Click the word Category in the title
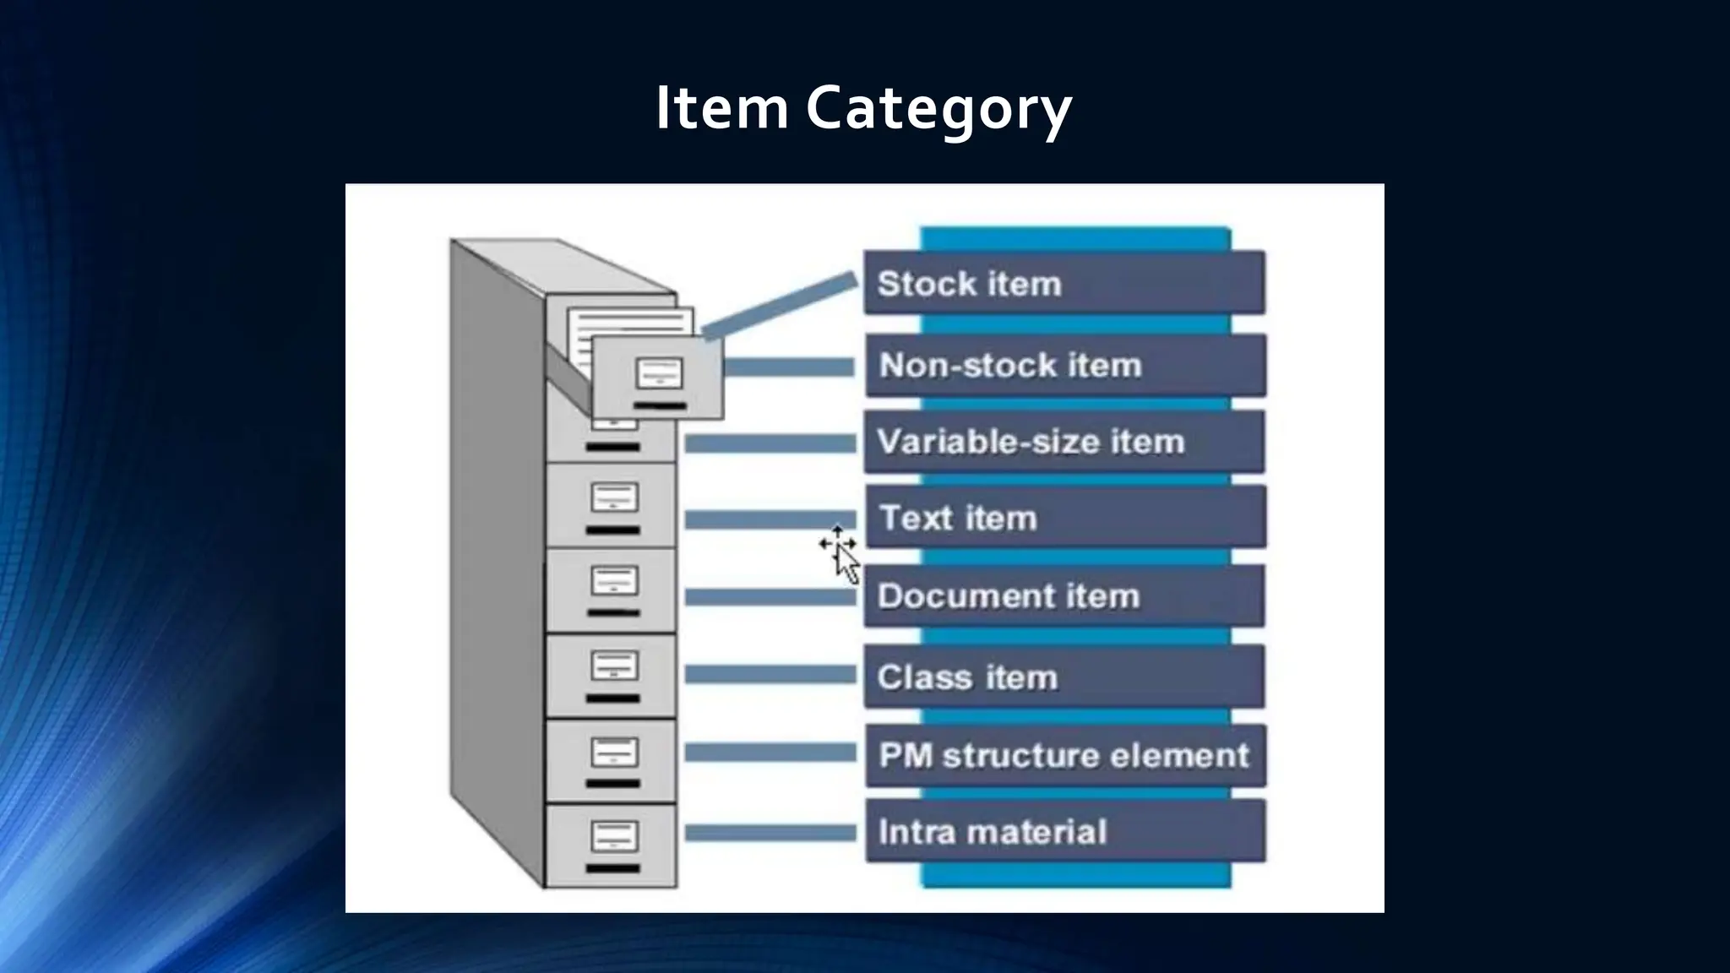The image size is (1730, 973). [938, 108]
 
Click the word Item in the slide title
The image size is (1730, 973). [721, 108]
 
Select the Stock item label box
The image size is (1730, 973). [1064, 283]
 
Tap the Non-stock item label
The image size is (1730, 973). [1065, 365]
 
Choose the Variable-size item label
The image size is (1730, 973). [1064, 442]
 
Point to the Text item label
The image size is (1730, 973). [1065, 517]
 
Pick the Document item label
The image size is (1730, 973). [1064, 595]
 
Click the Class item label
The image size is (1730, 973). [1064, 677]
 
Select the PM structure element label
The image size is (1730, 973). [1065, 755]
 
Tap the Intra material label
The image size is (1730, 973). [1065, 831]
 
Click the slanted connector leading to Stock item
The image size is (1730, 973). [780, 306]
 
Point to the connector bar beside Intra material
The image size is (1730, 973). [770, 833]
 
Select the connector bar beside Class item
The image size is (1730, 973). [770, 674]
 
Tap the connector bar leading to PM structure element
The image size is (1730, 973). [770, 753]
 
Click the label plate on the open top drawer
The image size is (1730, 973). [659, 372]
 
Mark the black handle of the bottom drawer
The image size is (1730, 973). [613, 868]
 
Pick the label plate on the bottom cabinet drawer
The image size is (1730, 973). [614, 835]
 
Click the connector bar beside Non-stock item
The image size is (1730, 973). [789, 367]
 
